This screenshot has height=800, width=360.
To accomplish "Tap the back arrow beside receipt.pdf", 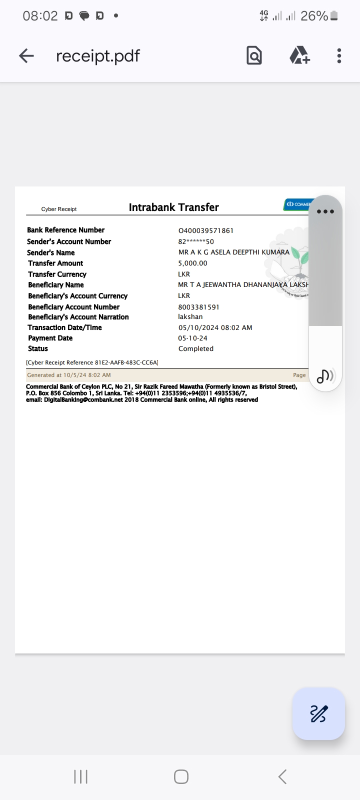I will coord(26,55).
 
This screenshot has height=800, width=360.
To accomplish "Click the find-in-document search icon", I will coord(254,55).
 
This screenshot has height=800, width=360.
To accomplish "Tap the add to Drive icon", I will coord(299,55).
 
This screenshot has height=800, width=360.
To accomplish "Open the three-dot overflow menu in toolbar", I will coord(339,55).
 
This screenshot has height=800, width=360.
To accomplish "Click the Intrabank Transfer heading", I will coord(173,207).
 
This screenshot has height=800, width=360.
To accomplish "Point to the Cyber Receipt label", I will coord(59,209).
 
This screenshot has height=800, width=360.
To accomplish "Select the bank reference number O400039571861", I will coord(206,230).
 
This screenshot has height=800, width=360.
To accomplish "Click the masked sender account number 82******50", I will coord(196,241).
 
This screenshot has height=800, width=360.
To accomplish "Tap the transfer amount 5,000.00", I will coord(192,263).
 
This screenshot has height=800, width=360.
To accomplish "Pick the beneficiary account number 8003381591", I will coord(198,307).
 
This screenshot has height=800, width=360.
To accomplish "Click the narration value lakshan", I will coord(190,317).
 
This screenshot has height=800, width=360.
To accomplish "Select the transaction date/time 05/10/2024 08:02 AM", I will coord(215,327).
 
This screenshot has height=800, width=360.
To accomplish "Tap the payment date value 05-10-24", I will coord(192,338).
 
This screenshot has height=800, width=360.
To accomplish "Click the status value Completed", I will coord(196,349).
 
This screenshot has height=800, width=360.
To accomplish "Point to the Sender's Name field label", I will coord(51,252).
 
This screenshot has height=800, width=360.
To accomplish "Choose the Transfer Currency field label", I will coord(57,274).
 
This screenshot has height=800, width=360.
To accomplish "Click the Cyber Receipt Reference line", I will coord(92,362).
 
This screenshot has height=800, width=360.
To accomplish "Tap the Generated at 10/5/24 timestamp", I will coord(69,375).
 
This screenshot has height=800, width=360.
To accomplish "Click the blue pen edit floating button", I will coord(318,713).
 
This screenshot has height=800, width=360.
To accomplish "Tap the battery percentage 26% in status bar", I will coord(314,16).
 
